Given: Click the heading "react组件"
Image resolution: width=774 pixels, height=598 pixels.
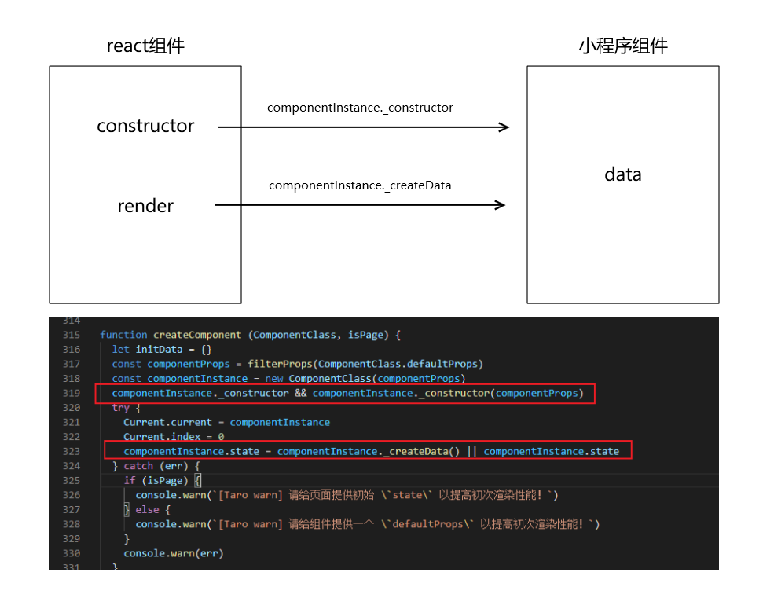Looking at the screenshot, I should [x=145, y=46].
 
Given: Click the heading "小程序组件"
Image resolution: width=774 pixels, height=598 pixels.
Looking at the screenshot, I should [x=622, y=46].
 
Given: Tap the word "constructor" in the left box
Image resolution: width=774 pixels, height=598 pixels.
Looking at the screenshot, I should [x=145, y=126].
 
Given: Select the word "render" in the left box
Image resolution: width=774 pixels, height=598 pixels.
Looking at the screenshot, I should [x=145, y=206].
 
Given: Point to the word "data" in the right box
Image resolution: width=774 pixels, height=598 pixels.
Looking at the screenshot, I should [x=622, y=174].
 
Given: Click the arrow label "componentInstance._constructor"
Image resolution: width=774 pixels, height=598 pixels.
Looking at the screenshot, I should [x=360, y=108].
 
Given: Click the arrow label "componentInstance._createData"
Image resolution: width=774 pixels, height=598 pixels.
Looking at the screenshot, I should [x=360, y=186].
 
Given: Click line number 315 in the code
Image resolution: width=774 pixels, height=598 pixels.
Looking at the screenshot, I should [x=71, y=335].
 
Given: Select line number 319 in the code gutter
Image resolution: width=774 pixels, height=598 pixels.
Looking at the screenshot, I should [x=71, y=393].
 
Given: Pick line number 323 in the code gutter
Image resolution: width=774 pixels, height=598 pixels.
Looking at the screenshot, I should [x=71, y=451].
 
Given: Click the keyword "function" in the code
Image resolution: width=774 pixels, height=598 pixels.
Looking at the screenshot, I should [x=123, y=335].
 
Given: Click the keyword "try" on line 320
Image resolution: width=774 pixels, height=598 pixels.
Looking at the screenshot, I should [x=120, y=408].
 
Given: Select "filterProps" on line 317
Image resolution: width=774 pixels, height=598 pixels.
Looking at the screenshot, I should [x=281, y=364].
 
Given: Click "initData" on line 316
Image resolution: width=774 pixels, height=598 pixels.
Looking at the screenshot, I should [x=159, y=349].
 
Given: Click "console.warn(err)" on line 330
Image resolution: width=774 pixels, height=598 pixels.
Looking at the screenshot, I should [x=173, y=553].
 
